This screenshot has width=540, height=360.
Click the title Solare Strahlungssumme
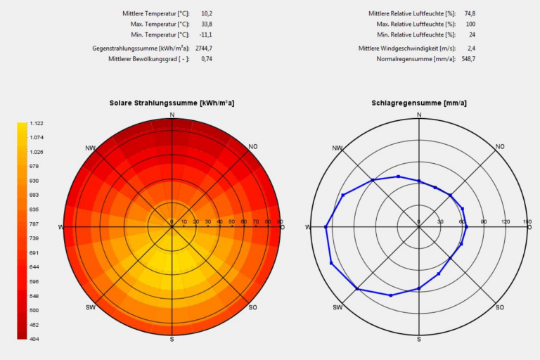pyautogui.click(x=172, y=103)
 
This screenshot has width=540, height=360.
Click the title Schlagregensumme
pyautogui.click(x=419, y=103)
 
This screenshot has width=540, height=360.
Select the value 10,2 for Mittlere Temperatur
pyautogui.click(x=206, y=13)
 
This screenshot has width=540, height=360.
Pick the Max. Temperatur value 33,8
pyautogui.click(x=206, y=24)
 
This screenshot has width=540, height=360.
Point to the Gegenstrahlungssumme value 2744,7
pyautogui.click(x=204, y=49)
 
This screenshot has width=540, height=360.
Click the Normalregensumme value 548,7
pyautogui.click(x=468, y=59)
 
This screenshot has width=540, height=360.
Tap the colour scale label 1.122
pyautogui.click(x=37, y=124)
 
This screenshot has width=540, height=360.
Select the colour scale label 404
pyautogui.click(x=34, y=339)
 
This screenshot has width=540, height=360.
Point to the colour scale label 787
pyautogui.click(x=34, y=224)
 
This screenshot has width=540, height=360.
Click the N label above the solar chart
pyautogui.click(x=172, y=115)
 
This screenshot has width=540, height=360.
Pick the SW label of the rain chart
pyautogui.click(x=337, y=308)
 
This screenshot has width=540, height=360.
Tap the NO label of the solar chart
pyautogui.click(x=253, y=146)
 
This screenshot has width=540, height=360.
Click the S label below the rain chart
pyautogui.click(x=419, y=339)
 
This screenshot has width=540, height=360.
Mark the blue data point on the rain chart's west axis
pyautogui.click(x=326, y=227)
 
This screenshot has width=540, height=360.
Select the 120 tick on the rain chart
pyautogui.click(x=506, y=222)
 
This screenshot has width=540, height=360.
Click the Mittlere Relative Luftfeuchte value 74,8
pyautogui.click(x=469, y=13)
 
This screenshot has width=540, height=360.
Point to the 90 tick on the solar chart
pyautogui.click(x=280, y=222)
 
